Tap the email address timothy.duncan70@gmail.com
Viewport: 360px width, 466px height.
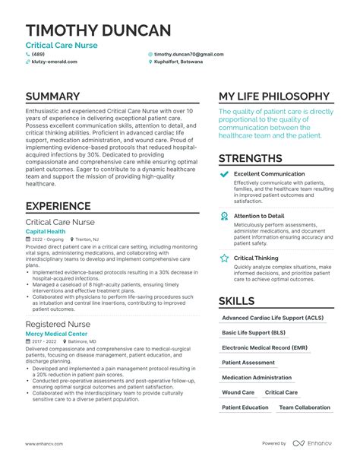pyautogui.click(x=188, y=55)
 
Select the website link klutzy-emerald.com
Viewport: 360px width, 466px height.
pyautogui.click(x=54, y=62)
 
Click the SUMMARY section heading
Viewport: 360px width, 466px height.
pyautogui.click(x=52, y=97)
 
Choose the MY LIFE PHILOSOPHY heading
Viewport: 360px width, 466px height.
pyautogui.click(x=275, y=97)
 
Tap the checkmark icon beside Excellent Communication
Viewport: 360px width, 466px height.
pyautogui.click(x=224, y=175)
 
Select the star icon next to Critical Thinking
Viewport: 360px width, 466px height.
pyautogui.click(x=224, y=258)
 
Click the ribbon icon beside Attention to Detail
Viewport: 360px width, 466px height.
pyautogui.click(x=224, y=216)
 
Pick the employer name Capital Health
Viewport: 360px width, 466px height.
pyautogui.click(x=46, y=231)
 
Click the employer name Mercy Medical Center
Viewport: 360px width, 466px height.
pyautogui.click(x=55, y=333)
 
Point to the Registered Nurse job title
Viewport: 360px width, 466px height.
pyautogui.click(x=58, y=323)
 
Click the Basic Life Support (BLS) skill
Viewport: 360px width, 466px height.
pyautogui.click(x=254, y=332)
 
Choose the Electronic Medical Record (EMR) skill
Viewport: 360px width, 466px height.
pyautogui.click(x=264, y=347)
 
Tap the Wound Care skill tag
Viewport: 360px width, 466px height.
pyautogui.click(x=238, y=392)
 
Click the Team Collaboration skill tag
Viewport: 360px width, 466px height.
pyautogui.click(x=305, y=407)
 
